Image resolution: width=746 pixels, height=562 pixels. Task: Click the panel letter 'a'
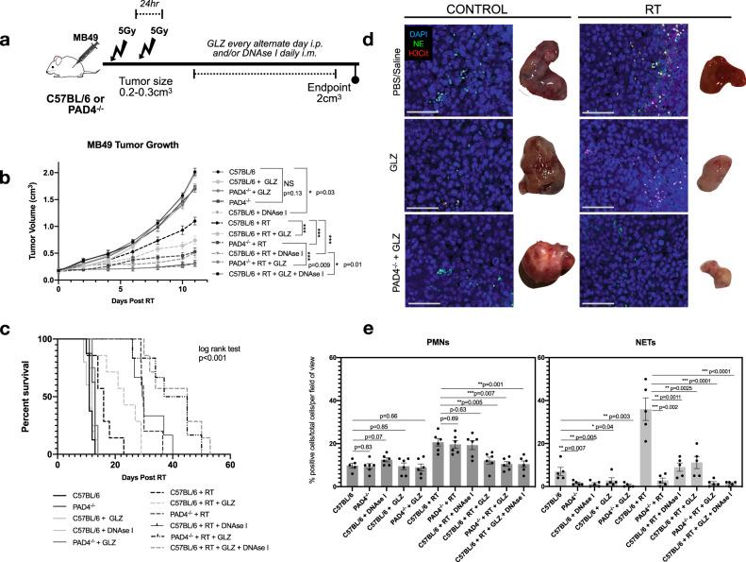[9, 42]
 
